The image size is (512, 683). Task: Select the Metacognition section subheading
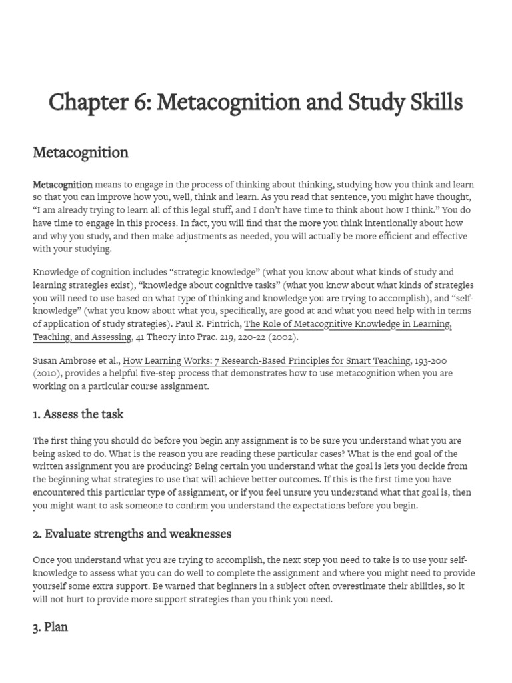click(x=81, y=153)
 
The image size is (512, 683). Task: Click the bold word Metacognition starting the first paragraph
click(x=63, y=185)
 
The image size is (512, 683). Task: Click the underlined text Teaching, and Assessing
click(x=81, y=337)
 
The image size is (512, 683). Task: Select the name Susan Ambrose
click(x=63, y=361)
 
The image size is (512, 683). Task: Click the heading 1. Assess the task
click(x=78, y=414)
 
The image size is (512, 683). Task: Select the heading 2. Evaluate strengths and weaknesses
click(x=132, y=534)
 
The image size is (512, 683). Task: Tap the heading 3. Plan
click(x=50, y=628)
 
